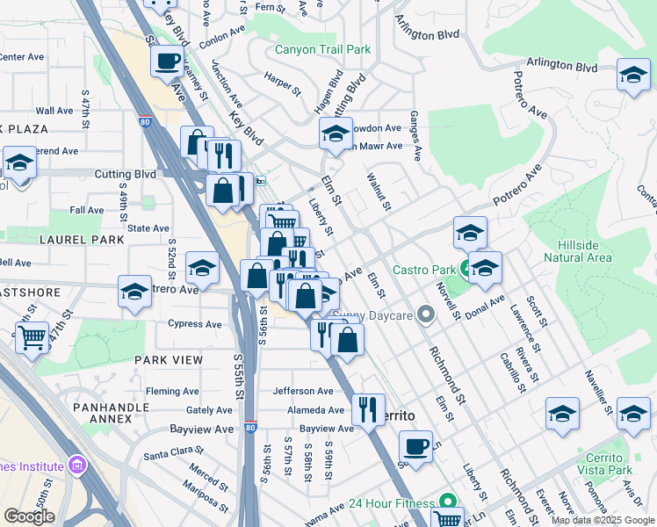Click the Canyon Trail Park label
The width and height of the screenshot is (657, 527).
pos(322,50)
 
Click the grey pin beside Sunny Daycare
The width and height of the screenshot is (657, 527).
pos(427,314)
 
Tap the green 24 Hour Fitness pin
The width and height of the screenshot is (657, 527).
pos(448,503)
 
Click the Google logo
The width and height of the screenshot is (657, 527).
pos(29,516)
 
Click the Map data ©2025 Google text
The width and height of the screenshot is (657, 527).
pos(603,520)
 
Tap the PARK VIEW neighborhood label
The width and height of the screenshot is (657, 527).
pos(169,360)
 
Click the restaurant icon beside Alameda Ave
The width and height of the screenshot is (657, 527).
pos(368,408)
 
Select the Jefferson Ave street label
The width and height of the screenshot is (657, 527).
pos(303,391)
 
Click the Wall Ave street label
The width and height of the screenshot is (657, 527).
pos(54,111)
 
